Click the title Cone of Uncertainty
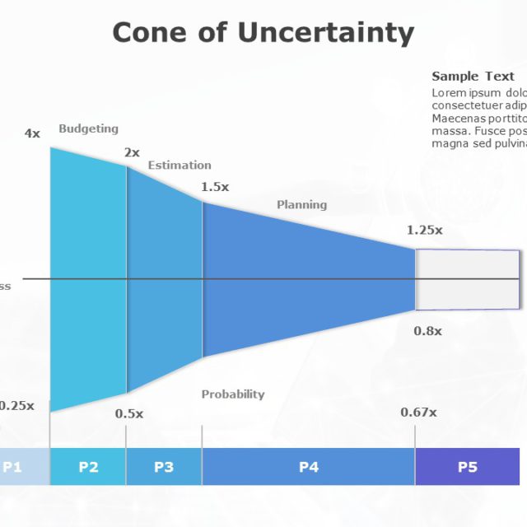tap(263, 32)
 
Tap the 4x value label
tap(32, 133)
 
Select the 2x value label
tap(132, 152)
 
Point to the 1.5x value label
tap(215, 187)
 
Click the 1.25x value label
tap(424, 231)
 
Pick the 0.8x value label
tap(427, 331)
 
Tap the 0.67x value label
tap(418, 413)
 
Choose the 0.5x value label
tap(128, 413)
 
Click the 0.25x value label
tap(16, 405)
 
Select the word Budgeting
tap(88, 128)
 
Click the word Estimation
tap(180, 166)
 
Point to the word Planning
tap(301, 205)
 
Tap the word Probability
tap(233, 394)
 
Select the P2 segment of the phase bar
tap(88, 467)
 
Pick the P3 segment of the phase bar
tap(164, 467)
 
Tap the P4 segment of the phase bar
tap(308, 467)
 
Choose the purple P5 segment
tap(467, 467)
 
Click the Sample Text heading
tap(473, 77)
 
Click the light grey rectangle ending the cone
tap(467, 280)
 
